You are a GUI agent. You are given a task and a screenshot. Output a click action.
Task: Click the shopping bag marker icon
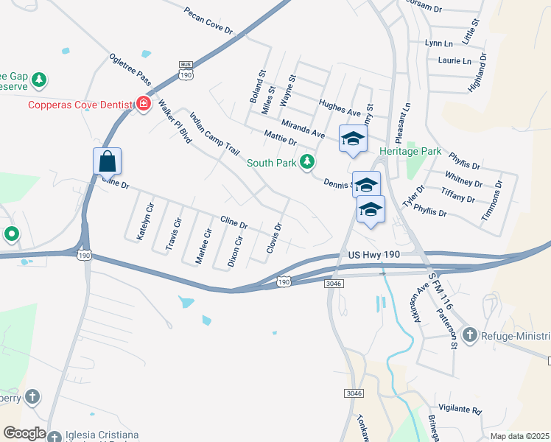point(107,161)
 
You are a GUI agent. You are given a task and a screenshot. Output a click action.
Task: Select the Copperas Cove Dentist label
point(80,105)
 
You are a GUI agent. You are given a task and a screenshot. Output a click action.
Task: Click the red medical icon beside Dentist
point(142,105)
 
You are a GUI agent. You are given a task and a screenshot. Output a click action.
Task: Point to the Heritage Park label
point(410,151)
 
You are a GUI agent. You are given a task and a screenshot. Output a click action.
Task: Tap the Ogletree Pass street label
point(130,69)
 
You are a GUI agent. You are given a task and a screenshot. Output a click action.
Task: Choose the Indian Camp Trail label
point(214,133)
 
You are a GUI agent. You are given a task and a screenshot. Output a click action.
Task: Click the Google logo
point(24,433)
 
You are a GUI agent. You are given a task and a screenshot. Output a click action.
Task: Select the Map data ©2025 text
point(519,436)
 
